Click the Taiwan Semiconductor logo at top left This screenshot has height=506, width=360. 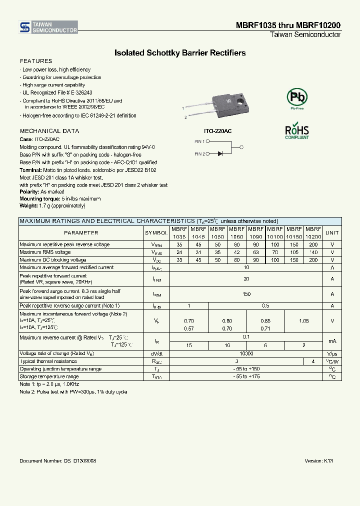pos(48,27)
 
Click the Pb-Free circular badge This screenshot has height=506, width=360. pos(296,97)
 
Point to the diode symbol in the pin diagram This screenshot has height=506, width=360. pos(220,154)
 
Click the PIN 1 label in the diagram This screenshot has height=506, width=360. pos(199,141)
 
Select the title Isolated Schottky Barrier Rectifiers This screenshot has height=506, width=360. pos(180,52)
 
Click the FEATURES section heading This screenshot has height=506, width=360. pos(35,61)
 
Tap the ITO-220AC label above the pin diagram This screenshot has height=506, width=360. pos(218,131)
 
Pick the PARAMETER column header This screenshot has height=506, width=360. pos(81,233)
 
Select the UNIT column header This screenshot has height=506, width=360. pos(332,233)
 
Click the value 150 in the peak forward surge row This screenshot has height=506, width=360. pos(246,294)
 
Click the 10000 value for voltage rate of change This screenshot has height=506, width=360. pos(246,353)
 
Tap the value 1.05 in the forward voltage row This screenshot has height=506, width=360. pos(303,320)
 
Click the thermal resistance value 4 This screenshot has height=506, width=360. pos(313,361)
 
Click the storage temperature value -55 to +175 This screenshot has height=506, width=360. pos(246,376)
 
